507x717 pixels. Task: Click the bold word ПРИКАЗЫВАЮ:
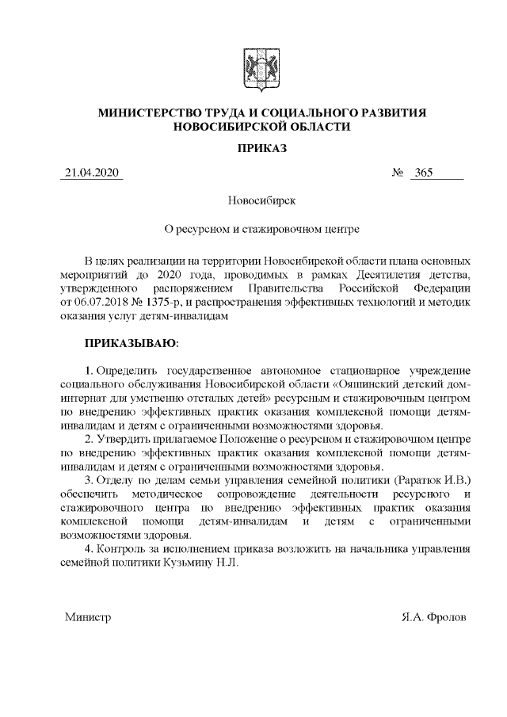132,345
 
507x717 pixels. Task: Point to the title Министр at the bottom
88,616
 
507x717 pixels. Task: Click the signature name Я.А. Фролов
434,616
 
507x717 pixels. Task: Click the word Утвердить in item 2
125,439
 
